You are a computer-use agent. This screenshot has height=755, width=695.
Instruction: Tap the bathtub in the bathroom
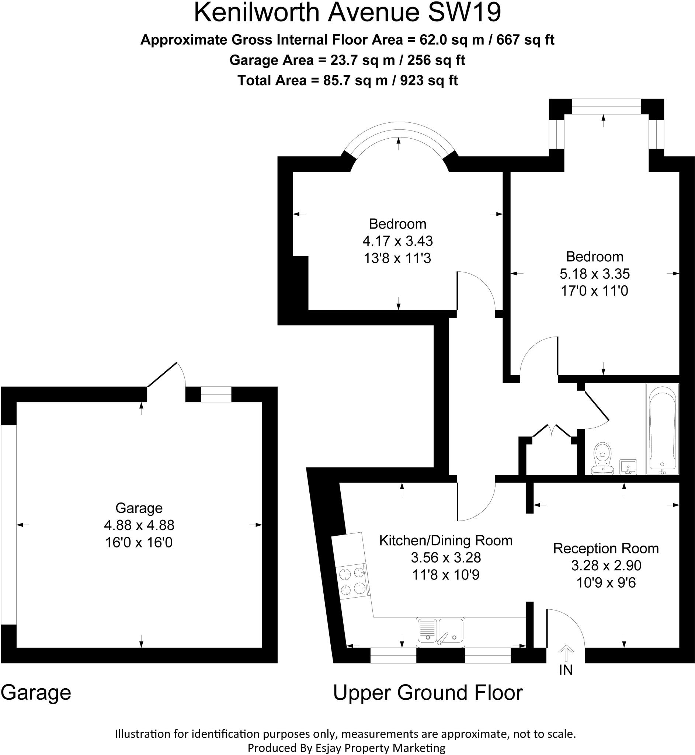point(662,429)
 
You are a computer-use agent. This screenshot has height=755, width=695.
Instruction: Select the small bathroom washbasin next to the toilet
point(628,467)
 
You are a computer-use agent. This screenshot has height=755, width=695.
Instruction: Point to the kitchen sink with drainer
point(440,632)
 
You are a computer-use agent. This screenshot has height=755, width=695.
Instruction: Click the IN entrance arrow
point(566,654)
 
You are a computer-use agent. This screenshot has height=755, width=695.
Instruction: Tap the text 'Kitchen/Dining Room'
point(446,541)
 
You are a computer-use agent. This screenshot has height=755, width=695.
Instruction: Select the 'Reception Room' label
point(606,549)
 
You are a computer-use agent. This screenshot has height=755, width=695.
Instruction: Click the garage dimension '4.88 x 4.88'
point(139,525)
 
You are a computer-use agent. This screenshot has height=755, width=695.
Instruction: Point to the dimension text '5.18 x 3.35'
point(595,274)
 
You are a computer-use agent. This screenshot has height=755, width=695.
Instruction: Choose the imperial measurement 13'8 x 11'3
point(397,258)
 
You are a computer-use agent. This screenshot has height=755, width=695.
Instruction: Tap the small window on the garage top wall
point(216,394)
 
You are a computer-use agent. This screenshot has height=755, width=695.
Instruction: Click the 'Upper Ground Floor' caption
point(428,693)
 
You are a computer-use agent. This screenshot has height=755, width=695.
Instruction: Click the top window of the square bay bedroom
point(606,107)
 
